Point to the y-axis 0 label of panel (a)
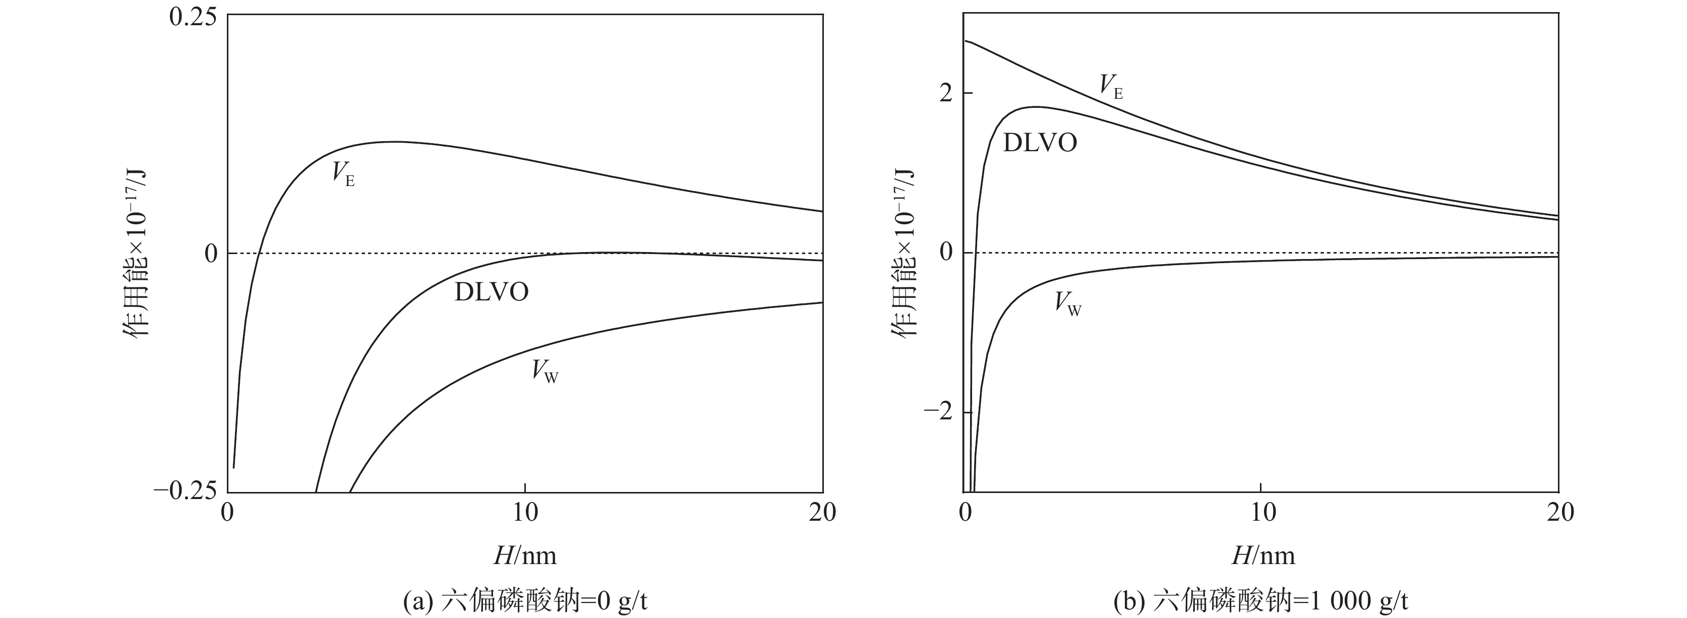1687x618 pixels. (x=210, y=254)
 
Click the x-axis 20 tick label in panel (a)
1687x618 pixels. (x=822, y=513)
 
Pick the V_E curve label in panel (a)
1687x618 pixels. (x=342, y=174)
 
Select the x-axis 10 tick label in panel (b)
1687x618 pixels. (x=1262, y=513)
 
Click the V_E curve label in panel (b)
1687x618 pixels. (x=1111, y=86)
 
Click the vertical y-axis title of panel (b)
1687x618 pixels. (x=903, y=254)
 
